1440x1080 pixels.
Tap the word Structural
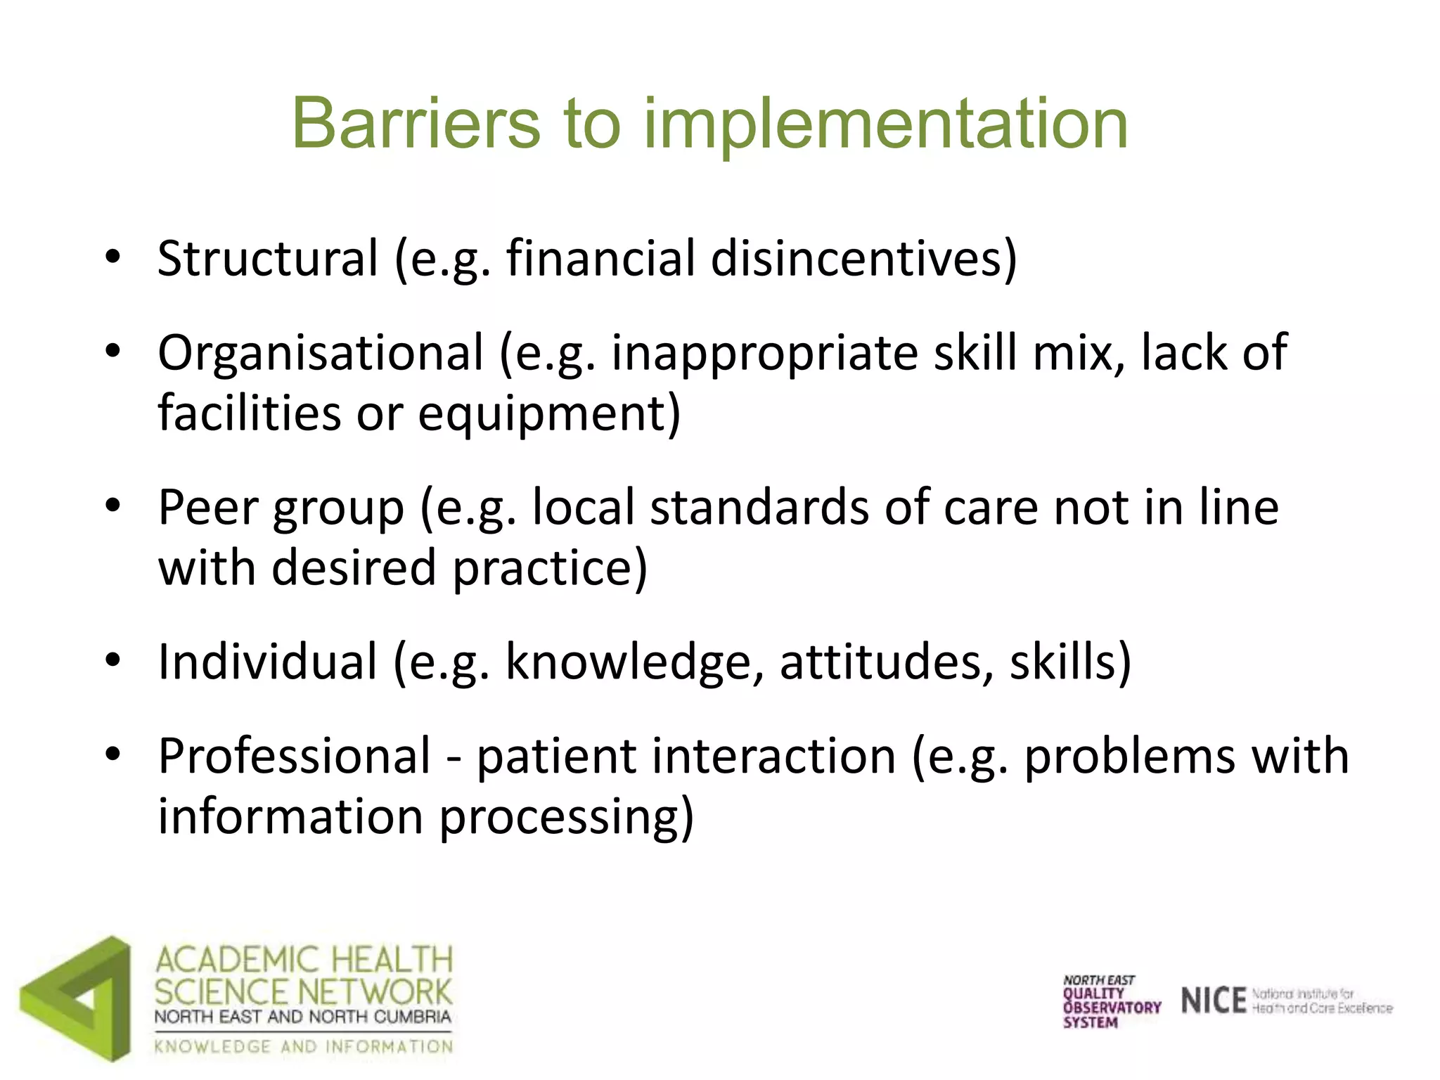[x=268, y=258]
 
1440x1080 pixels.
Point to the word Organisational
[x=321, y=352]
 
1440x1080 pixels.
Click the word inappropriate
[x=764, y=354]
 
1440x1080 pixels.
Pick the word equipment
[x=548, y=413]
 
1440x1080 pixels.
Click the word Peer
[x=208, y=508]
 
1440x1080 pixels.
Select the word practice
[x=549, y=568]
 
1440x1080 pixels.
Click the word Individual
[x=268, y=662]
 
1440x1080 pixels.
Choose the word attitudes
[x=887, y=663]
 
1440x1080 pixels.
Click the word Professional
[x=294, y=757]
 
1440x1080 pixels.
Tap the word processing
[x=566, y=818]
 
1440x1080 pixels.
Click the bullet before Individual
[x=112, y=662]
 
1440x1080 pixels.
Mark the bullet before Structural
[x=112, y=258]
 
